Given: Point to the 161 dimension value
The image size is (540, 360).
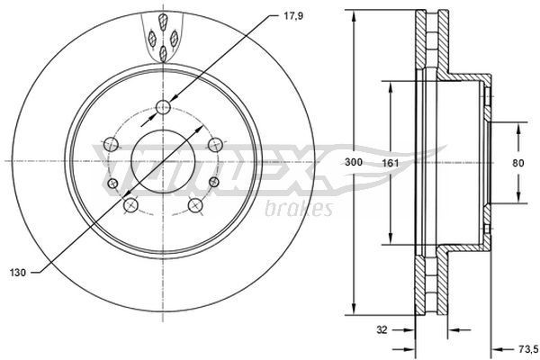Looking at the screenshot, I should (x=390, y=162).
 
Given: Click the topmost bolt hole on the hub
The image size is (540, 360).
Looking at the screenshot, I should (x=163, y=109).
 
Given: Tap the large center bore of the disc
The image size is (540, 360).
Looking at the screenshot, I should (x=163, y=162).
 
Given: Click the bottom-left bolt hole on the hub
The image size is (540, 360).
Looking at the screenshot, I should (x=130, y=206).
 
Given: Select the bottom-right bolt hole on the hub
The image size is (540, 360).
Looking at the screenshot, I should (x=195, y=206).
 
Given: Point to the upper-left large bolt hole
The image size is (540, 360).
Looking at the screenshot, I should (x=110, y=144).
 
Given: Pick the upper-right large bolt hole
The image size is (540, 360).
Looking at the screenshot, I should (x=215, y=144).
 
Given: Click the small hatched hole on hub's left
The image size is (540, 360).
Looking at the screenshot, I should (x=113, y=184).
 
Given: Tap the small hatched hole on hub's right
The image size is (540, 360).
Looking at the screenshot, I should (x=213, y=184).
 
